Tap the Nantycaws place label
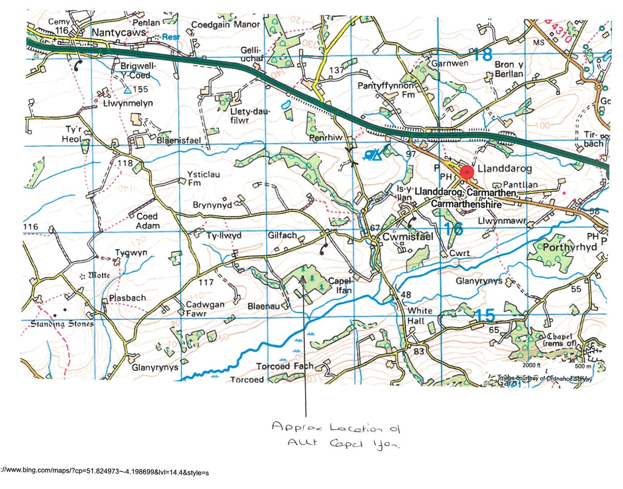tap(119, 32)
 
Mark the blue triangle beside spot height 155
tap(128, 90)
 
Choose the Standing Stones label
tap(62, 324)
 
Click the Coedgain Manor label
tap(225, 24)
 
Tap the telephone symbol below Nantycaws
tap(78, 65)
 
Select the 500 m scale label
tap(583, 366)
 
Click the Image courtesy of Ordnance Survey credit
tap(545, 379)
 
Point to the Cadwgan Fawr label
tap(205, 309)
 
